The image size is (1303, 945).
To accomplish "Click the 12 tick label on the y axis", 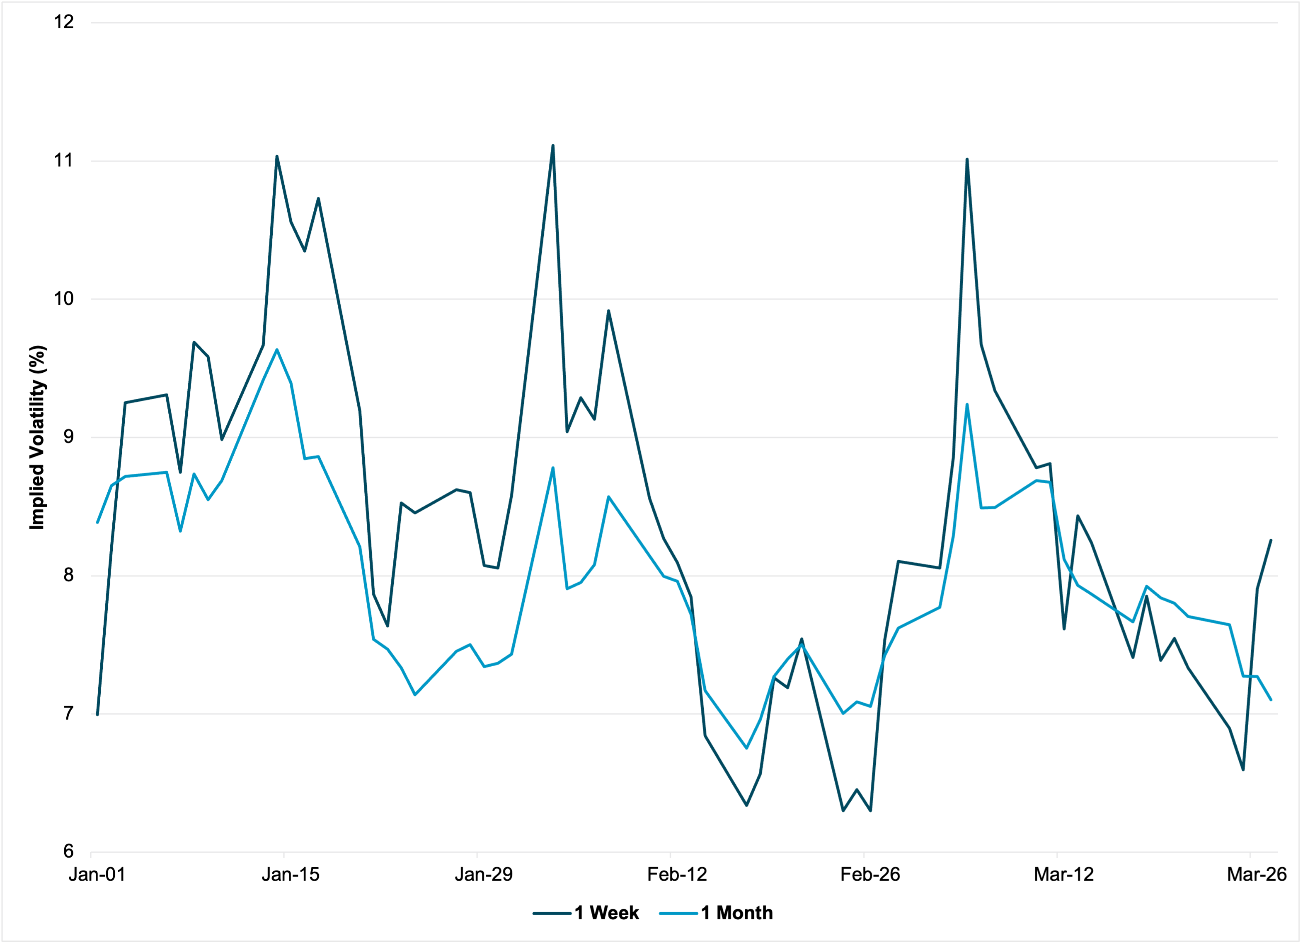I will point(64,22).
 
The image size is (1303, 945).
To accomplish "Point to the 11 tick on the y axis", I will point(64,160).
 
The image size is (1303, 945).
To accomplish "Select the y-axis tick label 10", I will point(64,299).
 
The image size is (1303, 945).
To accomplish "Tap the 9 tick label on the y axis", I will point(68,437).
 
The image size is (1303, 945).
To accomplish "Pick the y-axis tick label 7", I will point(68,714).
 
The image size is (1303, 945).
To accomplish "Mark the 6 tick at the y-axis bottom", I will point(68,851).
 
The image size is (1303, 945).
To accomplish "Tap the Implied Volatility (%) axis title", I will point(37,437).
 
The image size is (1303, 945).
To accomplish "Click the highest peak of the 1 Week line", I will point(553,145).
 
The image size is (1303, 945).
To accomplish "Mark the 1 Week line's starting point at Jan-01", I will point(98,714).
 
